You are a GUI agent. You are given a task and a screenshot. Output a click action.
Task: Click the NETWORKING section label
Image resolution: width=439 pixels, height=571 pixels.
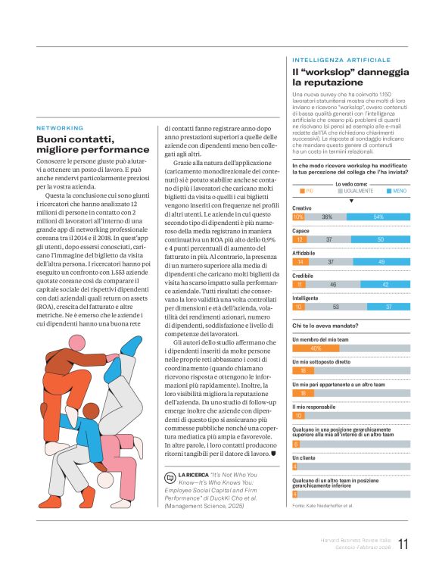click(x=61, y=128)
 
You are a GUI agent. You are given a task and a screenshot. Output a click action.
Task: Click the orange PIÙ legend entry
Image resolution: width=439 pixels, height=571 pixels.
click(x=307, y=191)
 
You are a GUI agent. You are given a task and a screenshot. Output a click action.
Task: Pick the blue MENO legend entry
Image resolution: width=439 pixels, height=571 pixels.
click(x=394, y=191)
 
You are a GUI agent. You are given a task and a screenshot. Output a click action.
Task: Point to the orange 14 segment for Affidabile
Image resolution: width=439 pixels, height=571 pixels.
click(x=299, y=261)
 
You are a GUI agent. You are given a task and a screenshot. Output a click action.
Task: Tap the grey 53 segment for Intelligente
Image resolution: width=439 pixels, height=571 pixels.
click(x=335, y=306)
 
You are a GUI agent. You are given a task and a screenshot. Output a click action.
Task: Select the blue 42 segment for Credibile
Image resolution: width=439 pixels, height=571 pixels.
click(x=385, y=284)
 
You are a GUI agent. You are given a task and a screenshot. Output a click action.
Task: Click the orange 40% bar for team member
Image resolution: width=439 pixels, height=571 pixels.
click(x=316, y=348)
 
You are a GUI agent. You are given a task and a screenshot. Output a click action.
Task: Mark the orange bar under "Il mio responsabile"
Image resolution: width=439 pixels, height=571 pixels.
click(x=298, y=415)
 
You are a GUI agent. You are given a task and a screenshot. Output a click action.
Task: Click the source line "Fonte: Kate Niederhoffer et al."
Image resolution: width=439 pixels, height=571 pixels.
click(x=322, y=504)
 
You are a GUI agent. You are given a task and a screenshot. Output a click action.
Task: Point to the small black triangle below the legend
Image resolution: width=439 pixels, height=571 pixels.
click(x=350, y=201)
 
